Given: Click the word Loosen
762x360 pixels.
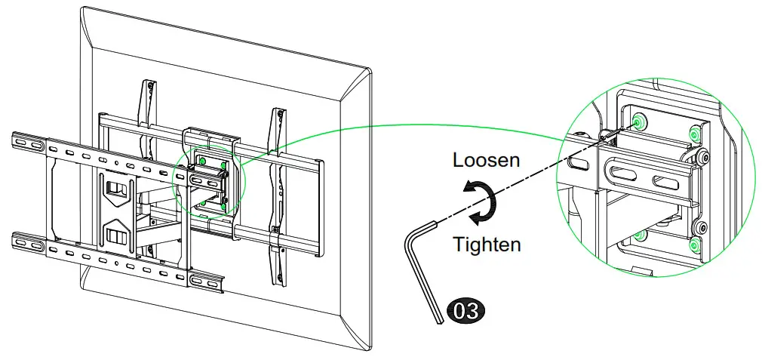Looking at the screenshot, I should pos(487,160).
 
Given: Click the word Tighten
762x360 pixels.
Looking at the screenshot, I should pos(487,245).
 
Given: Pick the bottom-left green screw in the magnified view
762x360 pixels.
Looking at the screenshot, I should pos(639,235).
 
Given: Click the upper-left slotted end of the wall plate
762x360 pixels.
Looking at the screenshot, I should pos(26,143).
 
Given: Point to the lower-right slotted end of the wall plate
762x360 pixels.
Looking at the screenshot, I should pos(207,282).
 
